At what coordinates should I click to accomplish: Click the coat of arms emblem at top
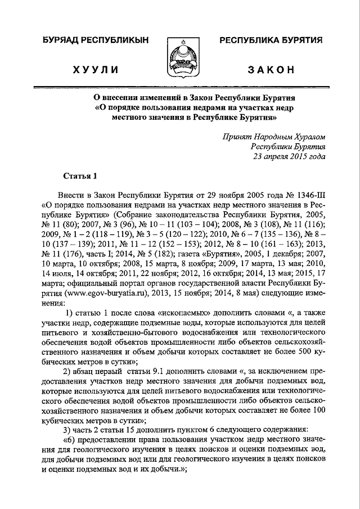pyautogui.click(x=180, y=56)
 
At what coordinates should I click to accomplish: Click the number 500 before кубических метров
pyautogui.click(x=303, y=352)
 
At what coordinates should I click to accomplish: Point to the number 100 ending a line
pyautogui.click(x=318, y=409)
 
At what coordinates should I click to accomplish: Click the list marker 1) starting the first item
pyautogui.click(x=70, y=313)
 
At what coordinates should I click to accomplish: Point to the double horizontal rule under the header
pyautogui.click(x=180, y=87)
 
